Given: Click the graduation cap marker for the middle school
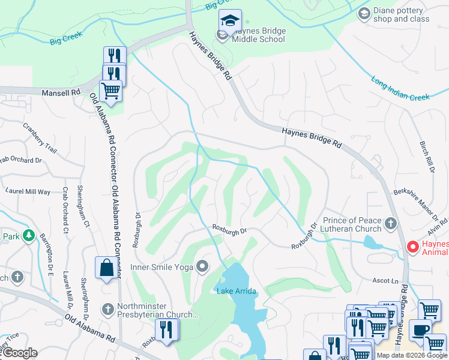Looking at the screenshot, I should pyautogui.click(x=230, y=21).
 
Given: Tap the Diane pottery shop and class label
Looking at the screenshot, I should pyautogui.click(x=402, y=14).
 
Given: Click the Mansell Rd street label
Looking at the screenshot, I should pyautogui.click(x=61, y=93).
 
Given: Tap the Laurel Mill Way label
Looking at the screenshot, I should pyautogui.click(x=28, y=191).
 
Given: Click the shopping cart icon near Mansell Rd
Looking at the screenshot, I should pyautogui.click(x=110, y=91).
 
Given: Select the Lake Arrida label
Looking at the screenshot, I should pyautogui.click(x=237, y=291).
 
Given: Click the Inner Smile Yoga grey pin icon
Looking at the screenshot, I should pyautogui.click(x=204, y=265).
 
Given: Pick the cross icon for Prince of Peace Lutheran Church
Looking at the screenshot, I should pyautogui.click(x=391, y=224).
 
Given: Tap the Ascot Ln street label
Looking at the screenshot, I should pyautogui.click(x=385, y=281).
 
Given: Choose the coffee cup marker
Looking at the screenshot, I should pyautogui.click(x=420, y=330).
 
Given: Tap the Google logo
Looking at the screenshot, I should pyautogui.click(x=20, y=353).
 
